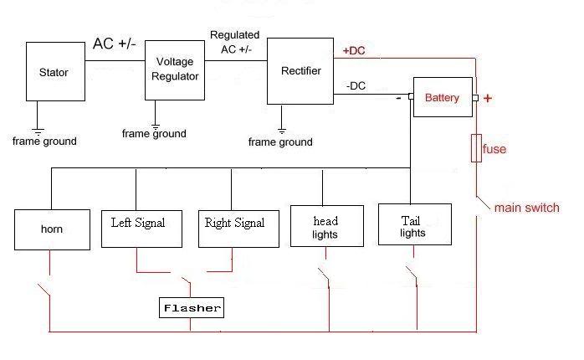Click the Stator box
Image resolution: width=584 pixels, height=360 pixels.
[x=54, y=73]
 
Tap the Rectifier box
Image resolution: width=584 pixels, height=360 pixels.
[x=301, y=72]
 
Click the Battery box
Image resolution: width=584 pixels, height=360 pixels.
[x=442, y=98]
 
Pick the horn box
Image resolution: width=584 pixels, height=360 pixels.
[x=52, y=229]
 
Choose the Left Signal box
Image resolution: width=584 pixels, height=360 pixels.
[x=138, y=223]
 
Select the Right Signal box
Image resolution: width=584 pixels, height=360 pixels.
[x=235, y=223]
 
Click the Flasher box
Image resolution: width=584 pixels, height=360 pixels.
[x=192, y=308]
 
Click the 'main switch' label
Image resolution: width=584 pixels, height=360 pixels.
[x=526, y=208]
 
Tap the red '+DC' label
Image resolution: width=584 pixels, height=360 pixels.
[x=354, y=51]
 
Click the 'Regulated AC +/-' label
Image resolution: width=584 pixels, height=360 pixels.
[x=234, y=42]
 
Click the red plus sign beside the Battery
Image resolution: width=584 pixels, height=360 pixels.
[x=488, y=99]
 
